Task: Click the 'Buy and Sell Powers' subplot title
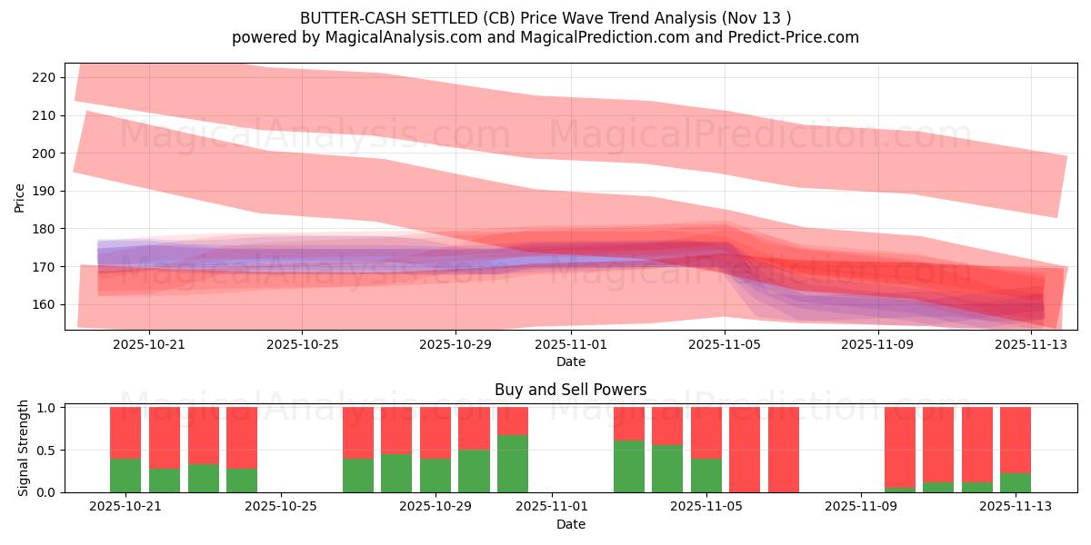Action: pyautogui.click(x=570, y=390)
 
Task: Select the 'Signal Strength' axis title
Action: pyautogui.click(x=25, y=449)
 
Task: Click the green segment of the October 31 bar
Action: pyautogui.click(x=513, y=463)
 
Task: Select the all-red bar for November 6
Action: pyautogui.click(x=784, y=450)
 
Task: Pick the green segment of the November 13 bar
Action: pyautogui.click(x=1016, y=482)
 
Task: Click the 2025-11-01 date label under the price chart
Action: pyautogui.click(x=571, y=344)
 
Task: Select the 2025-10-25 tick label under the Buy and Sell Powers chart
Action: pyautogui.click(x=281, y=506)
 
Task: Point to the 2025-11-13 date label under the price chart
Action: pyautogui.click(x=1031, y=344)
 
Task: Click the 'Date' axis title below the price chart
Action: pyautogui.click(x=570, y=362)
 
